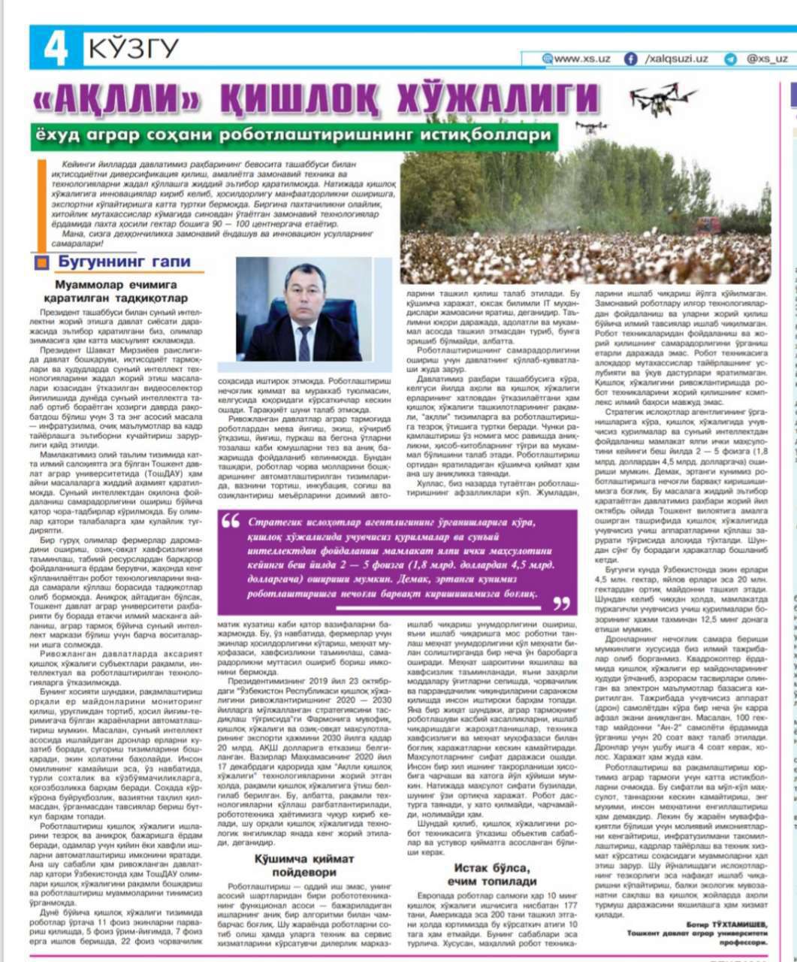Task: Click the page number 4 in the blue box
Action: click(56, 49)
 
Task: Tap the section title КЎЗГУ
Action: click(134, 49)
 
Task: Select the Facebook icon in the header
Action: click(631, 59)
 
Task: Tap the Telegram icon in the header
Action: click(730, 59)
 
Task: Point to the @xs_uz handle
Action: click(767, 59)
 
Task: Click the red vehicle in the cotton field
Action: click(707, 224)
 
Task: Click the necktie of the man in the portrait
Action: click(303, 341)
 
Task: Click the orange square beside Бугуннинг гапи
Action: click(44, 262)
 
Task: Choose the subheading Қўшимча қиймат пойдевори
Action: click(303, 865)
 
